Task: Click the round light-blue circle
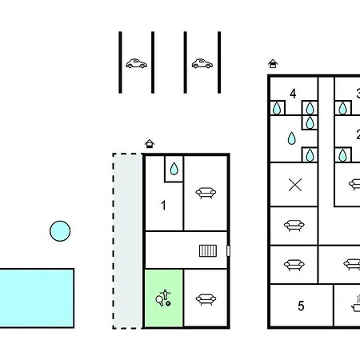(x=60, y=231)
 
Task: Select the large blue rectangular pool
(x=37, y=298)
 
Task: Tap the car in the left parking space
(x=136, y=63)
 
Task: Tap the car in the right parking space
(x=202, y=63)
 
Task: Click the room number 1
(x=163, y=206)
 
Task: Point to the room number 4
(x=293, y=94)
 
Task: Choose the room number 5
(x=301, y=306)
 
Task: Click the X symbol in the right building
(x=295, y=185)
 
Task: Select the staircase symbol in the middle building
(x=208, y=250)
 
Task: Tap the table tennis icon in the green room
(x=163, y=298)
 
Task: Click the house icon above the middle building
(x=150, y=144)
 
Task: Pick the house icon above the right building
(x=273, y=64)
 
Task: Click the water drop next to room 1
(x=174, y=169)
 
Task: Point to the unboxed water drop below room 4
(x=292, y=138)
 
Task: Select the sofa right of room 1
(x=206, y=193)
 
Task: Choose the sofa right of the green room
(x=206, y=299)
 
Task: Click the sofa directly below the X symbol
(x=294, y=226)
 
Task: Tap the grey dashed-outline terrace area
(x=127, y=241)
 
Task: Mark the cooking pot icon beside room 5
(x=356, y=303)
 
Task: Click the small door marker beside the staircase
(x=228, y=250)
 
